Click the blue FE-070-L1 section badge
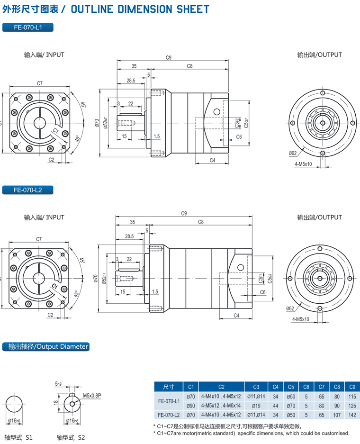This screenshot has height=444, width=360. click(28, 27)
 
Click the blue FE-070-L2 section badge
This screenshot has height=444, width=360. click(28, 190)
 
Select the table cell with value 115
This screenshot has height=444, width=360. click(352, 396)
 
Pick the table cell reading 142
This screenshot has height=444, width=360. click(352, 415)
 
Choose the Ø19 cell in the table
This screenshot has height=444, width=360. click(256, 406)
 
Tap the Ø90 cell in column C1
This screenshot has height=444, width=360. click(191, 406)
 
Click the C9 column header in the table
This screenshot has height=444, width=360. click(352, 387)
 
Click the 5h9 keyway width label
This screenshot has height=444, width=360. click(58, 384)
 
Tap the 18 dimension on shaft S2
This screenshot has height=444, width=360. click(55, 402)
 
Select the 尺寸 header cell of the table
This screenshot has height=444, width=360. click(169, 387)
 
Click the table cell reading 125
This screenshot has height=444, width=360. click(352, 406)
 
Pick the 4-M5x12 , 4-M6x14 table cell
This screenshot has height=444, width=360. click(221, 406)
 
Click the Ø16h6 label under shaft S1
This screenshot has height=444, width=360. click(15, 421)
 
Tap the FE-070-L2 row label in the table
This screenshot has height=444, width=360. click(169, 415)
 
